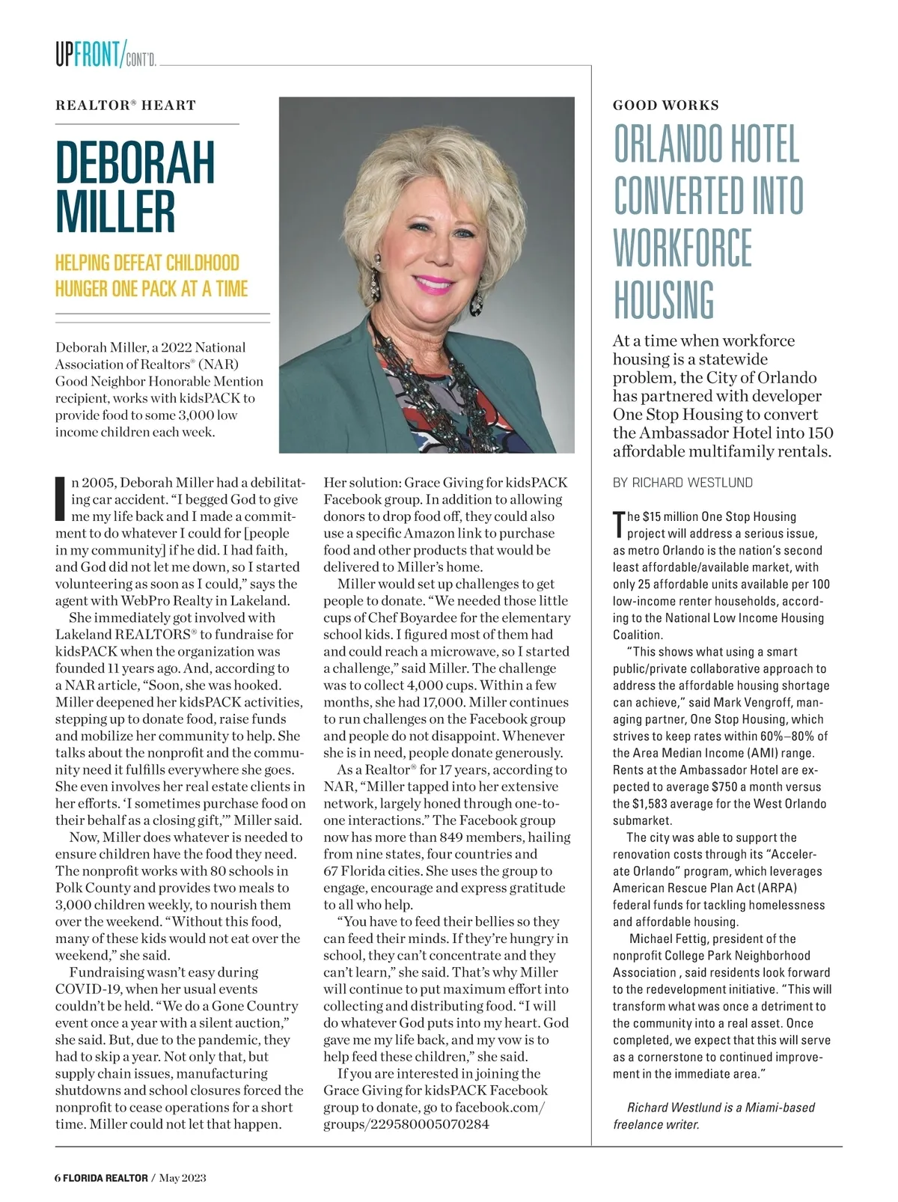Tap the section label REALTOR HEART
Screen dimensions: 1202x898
coord(125,106)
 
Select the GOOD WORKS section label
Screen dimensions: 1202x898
coord(665,106)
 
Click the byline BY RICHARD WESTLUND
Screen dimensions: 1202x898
coord(682,483)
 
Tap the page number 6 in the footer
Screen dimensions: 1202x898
coord(58,1177)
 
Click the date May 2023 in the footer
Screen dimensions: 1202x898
coord(183,1177)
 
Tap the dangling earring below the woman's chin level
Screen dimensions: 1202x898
coord(477,302)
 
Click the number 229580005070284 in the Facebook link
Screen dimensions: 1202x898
coord(428,1124)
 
